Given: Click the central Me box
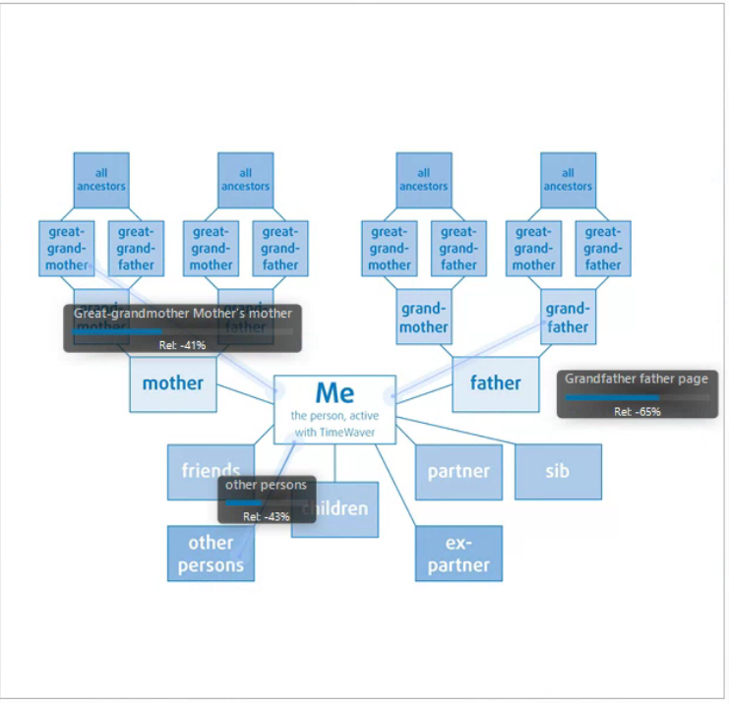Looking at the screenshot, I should coord(334,409).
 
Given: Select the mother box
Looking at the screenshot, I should coord(172,383).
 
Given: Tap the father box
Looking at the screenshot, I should coord(495,383).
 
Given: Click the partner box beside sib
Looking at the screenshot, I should coord(458,472).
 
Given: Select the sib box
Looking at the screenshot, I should coord(558,472).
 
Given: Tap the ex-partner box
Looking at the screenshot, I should coord(458,554).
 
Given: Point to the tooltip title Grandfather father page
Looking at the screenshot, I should coord(636,379).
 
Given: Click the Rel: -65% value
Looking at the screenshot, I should coord(637,412).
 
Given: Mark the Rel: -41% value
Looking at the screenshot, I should coord(182,345).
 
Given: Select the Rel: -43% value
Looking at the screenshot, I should coord(266,516).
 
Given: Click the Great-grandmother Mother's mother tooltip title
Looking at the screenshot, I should coord(183,314).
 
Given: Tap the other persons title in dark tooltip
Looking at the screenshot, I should coord(266,485).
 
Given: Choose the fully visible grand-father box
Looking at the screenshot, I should coord(568,317).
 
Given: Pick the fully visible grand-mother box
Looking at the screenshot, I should coord(424,317).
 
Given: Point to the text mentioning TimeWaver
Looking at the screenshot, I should coord(334,432).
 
